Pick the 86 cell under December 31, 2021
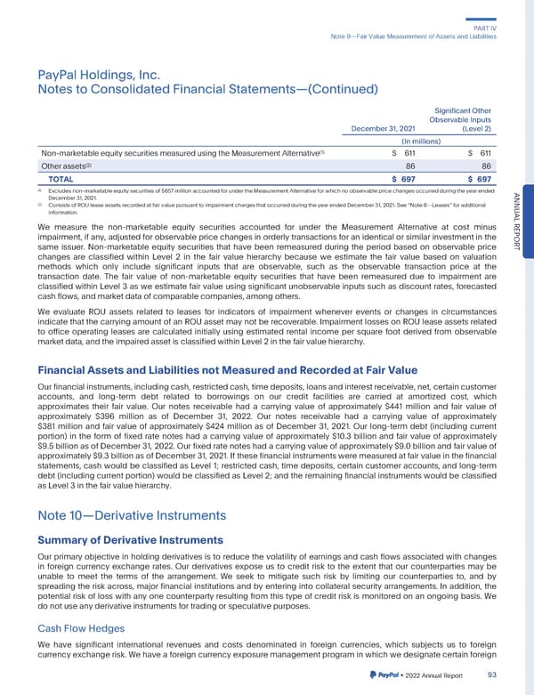coord(410,166)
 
